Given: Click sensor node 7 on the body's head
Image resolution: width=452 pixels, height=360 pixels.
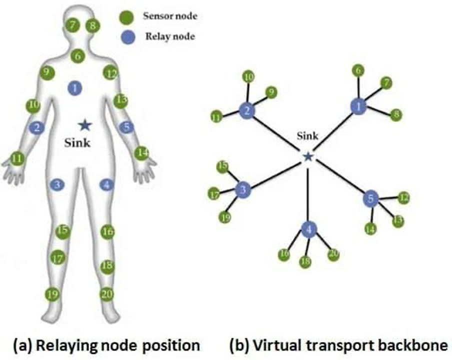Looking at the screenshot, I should click(x=74, y=24).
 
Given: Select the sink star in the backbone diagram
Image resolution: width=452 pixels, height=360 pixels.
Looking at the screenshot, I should click(x=308, y=157).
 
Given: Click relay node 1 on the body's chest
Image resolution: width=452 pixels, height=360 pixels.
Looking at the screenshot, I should click(x=74, y=88).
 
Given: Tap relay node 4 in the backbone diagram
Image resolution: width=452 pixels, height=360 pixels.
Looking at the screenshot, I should click(x=309, y=229).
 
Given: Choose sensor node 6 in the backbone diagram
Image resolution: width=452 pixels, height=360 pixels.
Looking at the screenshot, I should click(x=357, y=71).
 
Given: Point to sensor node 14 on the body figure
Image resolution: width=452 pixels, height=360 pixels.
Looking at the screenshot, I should click(x=143, y=152).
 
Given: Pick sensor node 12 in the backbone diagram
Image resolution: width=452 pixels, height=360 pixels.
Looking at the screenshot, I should click(x=403, y=197).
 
